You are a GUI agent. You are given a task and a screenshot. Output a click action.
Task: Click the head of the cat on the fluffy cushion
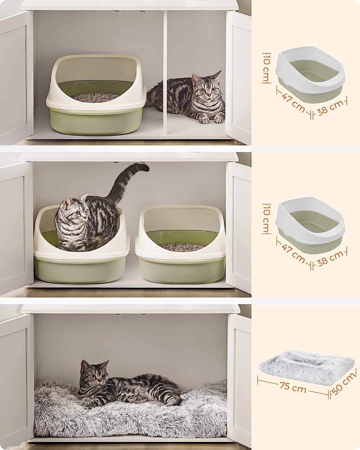pos(92,375)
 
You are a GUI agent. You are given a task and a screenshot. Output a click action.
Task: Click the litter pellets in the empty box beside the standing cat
pos(182,246)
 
